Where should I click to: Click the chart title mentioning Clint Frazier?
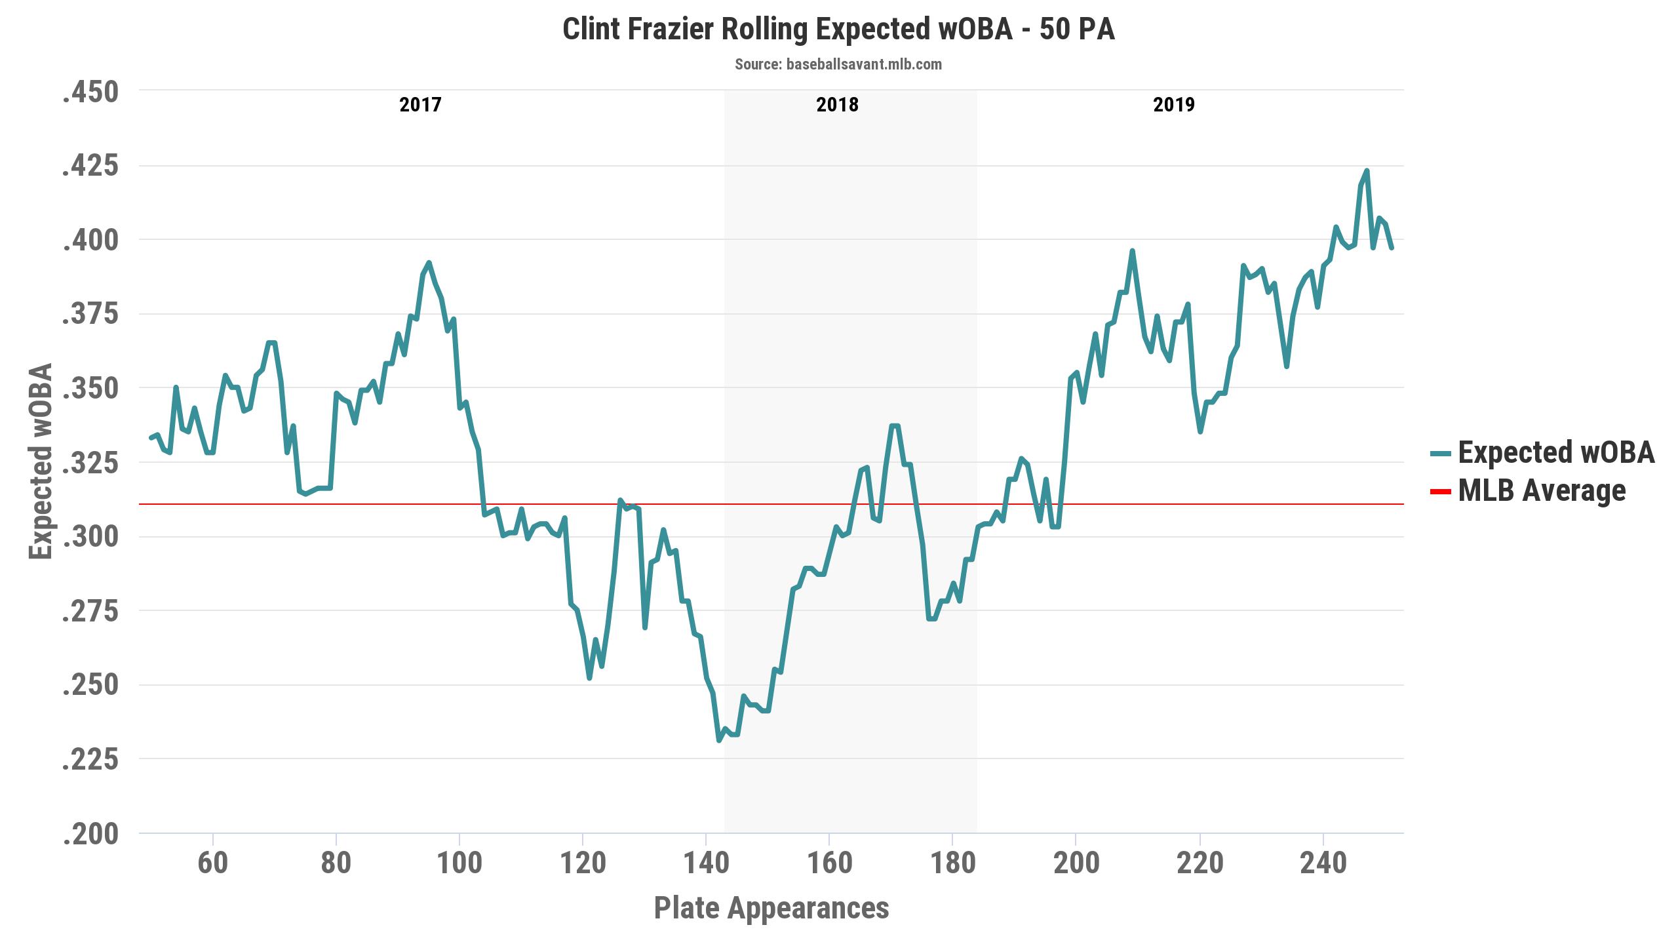click(838, 30)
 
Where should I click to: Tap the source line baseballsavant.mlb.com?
click(838, 65)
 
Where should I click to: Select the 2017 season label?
click(420, 105)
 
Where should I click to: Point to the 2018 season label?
click(837, 105)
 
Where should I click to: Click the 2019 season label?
click(1174, 105)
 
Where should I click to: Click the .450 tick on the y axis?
click(90, 92)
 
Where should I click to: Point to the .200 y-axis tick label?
click(90, 835)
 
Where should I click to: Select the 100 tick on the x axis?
click(459, 863)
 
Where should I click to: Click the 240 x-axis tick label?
click(1323, 863)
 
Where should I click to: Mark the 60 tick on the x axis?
click(212, 863)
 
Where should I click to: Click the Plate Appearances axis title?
click(771, 909)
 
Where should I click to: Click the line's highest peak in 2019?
click(1367, 171)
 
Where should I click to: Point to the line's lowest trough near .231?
click(719, 740)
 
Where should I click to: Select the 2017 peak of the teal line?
click(429, 263)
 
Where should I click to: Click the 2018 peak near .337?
click(894, 426)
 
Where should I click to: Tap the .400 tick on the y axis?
click(90, 241)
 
